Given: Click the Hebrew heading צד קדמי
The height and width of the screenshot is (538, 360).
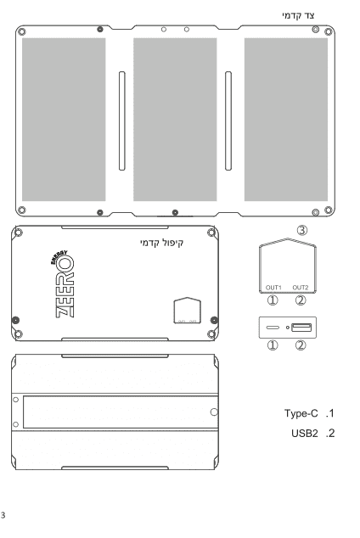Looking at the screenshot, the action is coord(298,16).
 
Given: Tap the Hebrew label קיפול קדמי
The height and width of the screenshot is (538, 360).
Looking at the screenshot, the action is coord(161,243).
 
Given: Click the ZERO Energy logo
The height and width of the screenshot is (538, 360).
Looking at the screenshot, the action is coord(63,284).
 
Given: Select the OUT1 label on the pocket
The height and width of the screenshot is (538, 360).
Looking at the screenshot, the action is coord(273,287).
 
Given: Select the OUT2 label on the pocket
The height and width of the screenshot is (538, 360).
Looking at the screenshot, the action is coord(301,287).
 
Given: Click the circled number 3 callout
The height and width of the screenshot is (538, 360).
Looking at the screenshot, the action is coord(302,230).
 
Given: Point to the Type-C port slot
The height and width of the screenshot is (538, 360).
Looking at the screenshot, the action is coord(273,328).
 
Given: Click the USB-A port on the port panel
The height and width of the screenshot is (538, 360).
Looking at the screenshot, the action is coord(301,328).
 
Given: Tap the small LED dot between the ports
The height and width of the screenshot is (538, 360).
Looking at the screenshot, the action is coord(288,328).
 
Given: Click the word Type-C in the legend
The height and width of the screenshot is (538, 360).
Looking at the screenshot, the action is coord(301,413).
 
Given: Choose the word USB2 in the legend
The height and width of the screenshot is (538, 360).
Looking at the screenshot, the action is coord(305,433).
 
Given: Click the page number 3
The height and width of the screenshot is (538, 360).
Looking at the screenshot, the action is coord(3,515).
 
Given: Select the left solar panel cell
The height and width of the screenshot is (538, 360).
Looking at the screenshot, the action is coord(64,120).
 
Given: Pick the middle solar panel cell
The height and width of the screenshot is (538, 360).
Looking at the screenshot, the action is coord(175,120).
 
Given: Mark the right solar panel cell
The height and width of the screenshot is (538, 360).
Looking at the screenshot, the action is coord(286,120).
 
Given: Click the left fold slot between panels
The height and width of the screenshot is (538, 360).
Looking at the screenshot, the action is coord(121,120).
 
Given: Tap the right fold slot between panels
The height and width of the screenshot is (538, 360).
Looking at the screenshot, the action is coord(228,120).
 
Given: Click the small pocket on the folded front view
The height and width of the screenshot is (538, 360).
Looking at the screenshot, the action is coord(188,311).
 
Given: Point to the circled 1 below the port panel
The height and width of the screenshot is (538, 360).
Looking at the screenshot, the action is coord(273,345).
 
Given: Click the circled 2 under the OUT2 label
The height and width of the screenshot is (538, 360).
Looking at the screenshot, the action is coord(301,300).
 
